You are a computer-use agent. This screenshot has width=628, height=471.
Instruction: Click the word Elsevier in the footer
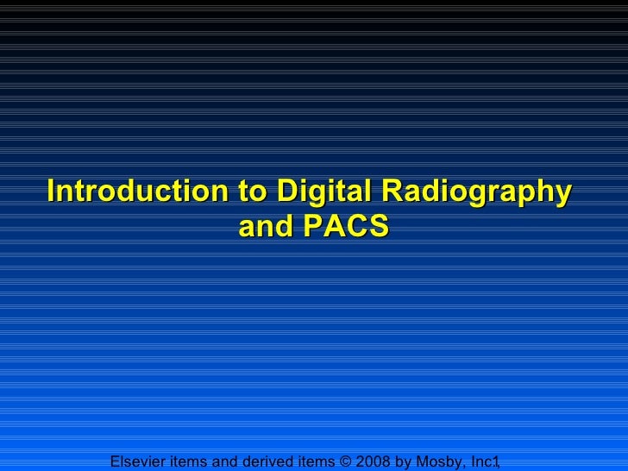(x=140, y=462)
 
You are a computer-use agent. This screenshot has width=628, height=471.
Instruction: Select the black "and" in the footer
(x=226, y=462)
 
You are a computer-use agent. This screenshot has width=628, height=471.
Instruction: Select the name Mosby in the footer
(x=440, y=462)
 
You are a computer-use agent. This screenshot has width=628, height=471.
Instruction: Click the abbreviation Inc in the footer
(x=480, y=462)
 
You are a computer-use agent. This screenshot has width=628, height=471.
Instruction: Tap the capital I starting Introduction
(x=53, y=191)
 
